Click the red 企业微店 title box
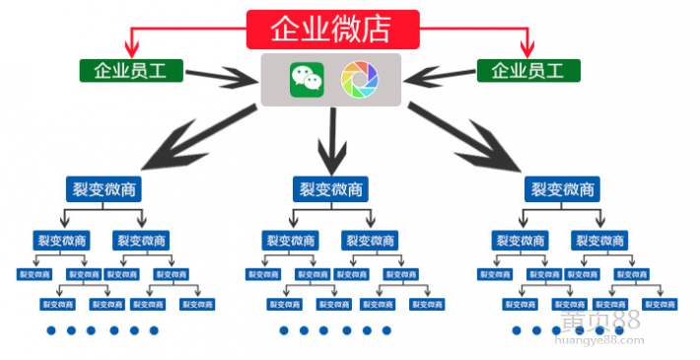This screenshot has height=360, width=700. point(332,29)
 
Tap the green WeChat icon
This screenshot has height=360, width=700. point(307,80)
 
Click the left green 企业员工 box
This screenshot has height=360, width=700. point(130,71)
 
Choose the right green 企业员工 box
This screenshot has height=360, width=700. point(527,71)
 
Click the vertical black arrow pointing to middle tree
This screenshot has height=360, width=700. point(331,143)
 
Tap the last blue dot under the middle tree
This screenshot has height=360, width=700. point(386,330)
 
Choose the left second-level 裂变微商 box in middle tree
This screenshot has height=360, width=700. point(290,240)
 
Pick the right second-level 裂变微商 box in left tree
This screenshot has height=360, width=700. point(141,240)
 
